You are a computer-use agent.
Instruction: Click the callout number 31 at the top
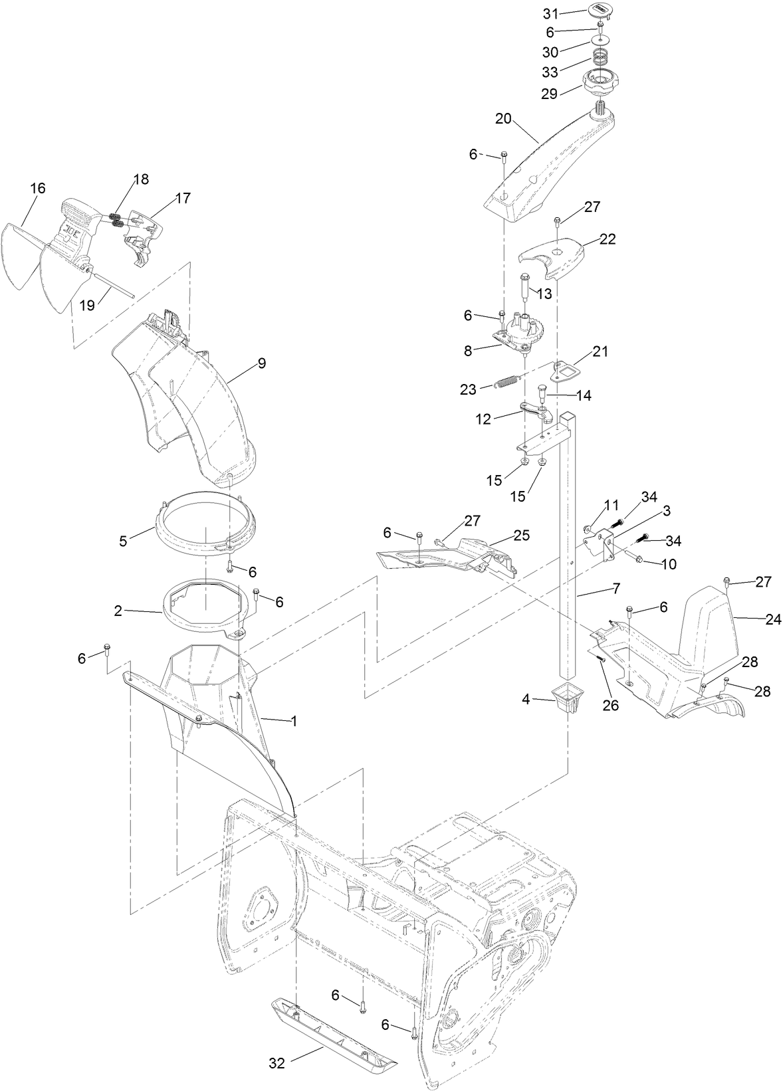pyautogui.click(x=550, y=13)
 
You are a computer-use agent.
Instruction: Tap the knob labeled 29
pyautogui.click(x=601, y=84)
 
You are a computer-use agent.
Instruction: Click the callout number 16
pyautogui.click(x=37, y=189)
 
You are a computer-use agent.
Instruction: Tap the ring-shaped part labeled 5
pyautogui.click(x=206, y=516)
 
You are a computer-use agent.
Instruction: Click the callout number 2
pyautogui.click(x=118, y=611)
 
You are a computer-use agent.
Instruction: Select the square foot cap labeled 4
pyautogui.click(x=566, y=698)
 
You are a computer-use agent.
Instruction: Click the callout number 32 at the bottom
pyautogui.click(x=277, y=1063)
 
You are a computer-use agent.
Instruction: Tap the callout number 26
pyautogui.click(x=610, y=706)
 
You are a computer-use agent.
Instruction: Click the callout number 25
pyautogui.click(x=522, y=535)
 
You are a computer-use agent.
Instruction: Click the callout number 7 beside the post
pyautogui.click(x=615, y=589)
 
